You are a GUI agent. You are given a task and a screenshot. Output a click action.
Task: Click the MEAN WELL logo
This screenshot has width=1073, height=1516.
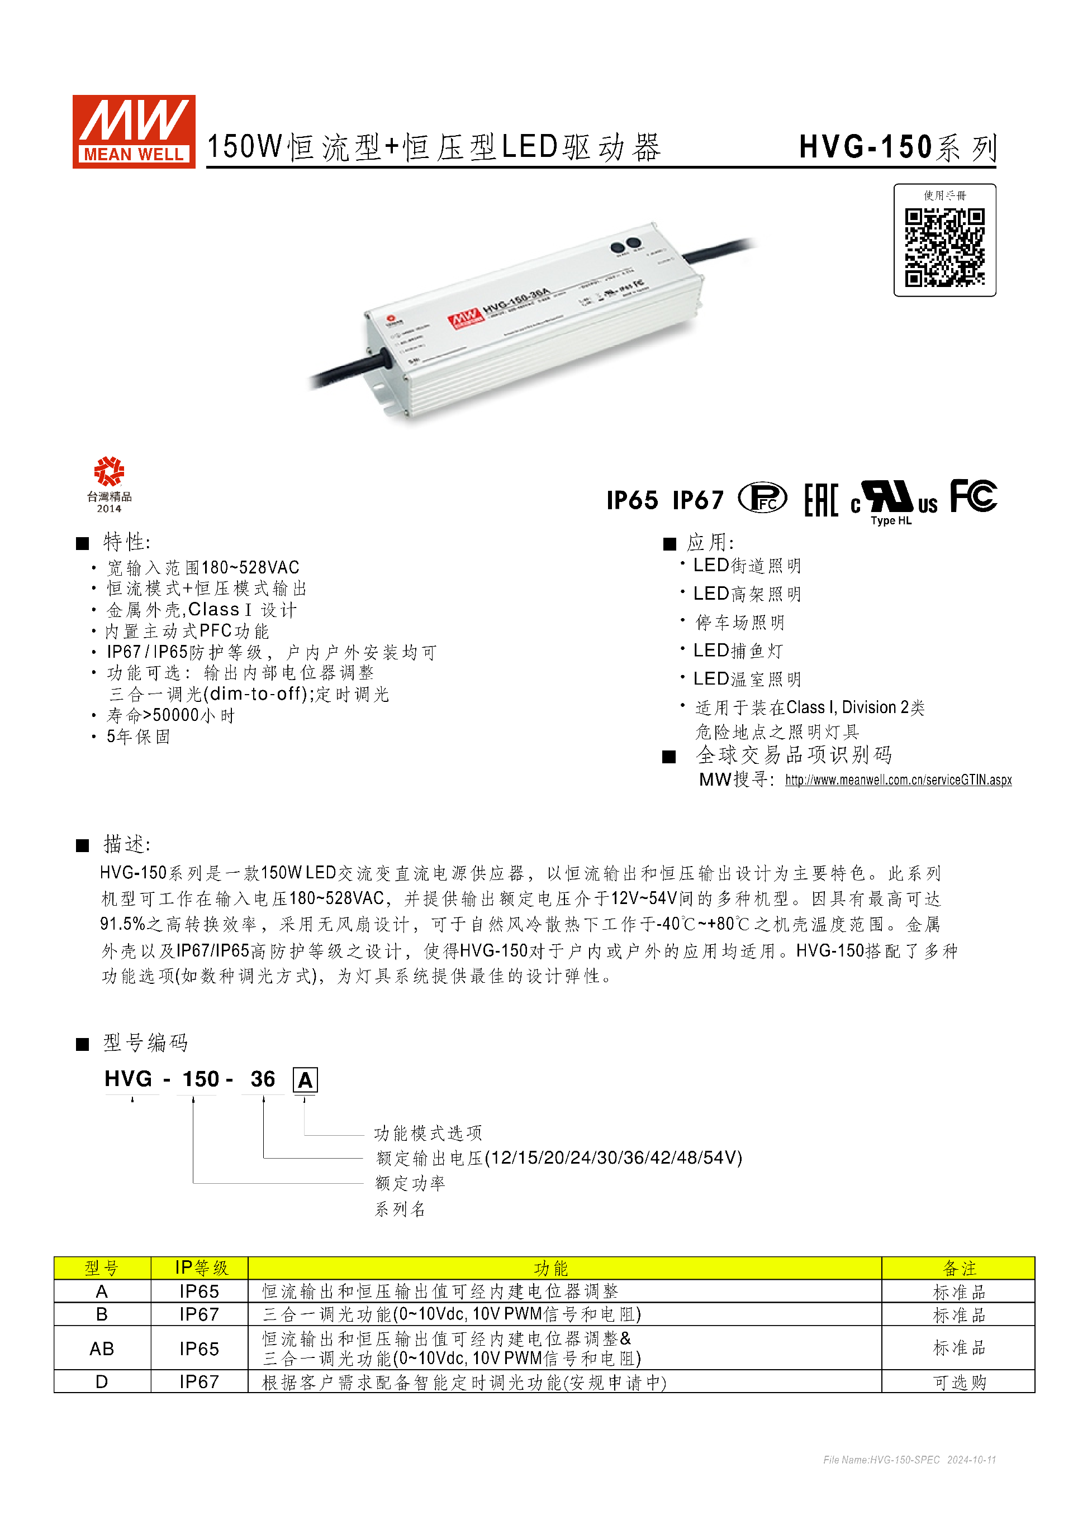(134, 131)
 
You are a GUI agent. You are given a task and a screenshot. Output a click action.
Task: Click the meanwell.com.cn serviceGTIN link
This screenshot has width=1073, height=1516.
(898, 780)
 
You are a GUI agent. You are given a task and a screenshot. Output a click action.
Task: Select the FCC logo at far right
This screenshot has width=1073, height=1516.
(973, 496)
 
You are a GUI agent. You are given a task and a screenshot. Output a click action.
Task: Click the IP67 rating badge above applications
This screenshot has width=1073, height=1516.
(697, 500)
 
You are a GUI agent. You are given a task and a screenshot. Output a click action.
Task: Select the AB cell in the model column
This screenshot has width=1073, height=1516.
(102, 1348)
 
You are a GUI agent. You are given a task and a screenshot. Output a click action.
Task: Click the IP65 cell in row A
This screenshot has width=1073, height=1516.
(199, 1292)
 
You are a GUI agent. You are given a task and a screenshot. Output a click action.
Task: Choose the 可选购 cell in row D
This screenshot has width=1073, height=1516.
(958, 1382)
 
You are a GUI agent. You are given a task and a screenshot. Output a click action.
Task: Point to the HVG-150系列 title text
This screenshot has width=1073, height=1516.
(898, 147)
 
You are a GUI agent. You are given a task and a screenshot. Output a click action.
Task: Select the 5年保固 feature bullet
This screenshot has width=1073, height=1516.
(138, 737)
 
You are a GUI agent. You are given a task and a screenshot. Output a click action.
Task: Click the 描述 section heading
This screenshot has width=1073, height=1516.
(127, 844)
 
